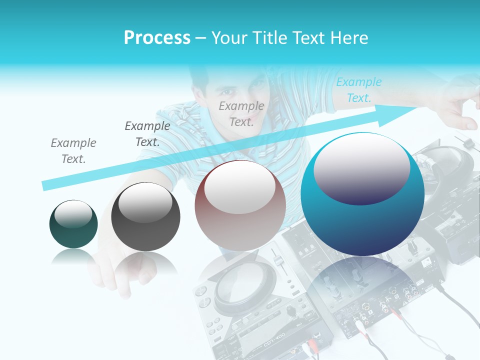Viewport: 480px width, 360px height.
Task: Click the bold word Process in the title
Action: pyautogui.click(x=157, y=38)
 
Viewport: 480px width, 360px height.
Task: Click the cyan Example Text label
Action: pyautogui.click(x=358, y=90)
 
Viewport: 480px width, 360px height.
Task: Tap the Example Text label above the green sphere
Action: pyautogui.click(x=73, y=151)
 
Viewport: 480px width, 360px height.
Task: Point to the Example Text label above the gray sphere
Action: pyautogui.click(x=147, y=134)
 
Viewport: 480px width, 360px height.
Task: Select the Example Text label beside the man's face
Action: pyautogui.click(x=241, y=114)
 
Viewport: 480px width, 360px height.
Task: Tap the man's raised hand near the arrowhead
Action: pyautogui.click(x=457, y=107)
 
